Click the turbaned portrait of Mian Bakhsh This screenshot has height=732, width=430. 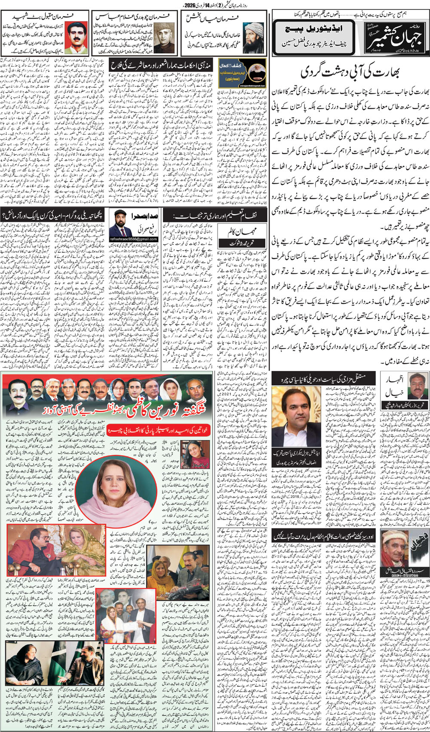point(253,37)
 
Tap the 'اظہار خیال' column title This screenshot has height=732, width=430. point(389,386)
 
